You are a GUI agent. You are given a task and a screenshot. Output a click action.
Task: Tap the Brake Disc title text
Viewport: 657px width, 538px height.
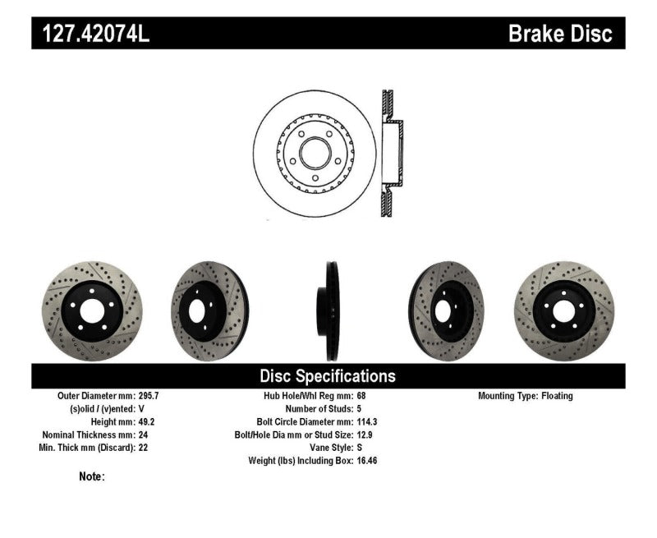[x=560, y=34]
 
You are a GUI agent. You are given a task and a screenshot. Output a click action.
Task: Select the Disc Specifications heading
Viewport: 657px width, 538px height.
[x=328, y=376]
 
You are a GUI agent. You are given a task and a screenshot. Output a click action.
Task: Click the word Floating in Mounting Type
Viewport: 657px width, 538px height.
[x=557, y=396]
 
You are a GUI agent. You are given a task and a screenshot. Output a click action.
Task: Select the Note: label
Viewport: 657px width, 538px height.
[x=92, y=476]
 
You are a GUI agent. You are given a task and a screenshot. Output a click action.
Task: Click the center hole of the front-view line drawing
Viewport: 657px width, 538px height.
[x=315, y=153]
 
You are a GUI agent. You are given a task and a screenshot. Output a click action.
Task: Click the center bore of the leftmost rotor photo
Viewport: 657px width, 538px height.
[x=91, y=310]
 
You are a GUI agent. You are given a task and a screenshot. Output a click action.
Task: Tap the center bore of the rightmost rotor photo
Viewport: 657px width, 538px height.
[x=563, y=310]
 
